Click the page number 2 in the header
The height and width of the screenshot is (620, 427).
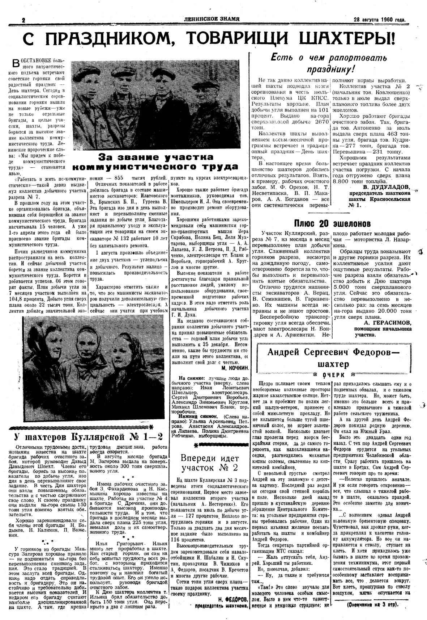24,20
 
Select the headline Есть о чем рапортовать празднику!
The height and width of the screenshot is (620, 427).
329,63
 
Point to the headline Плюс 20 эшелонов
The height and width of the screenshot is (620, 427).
332,223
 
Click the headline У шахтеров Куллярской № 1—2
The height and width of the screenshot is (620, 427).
88,436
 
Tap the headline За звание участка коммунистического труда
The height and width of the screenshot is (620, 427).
155,162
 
